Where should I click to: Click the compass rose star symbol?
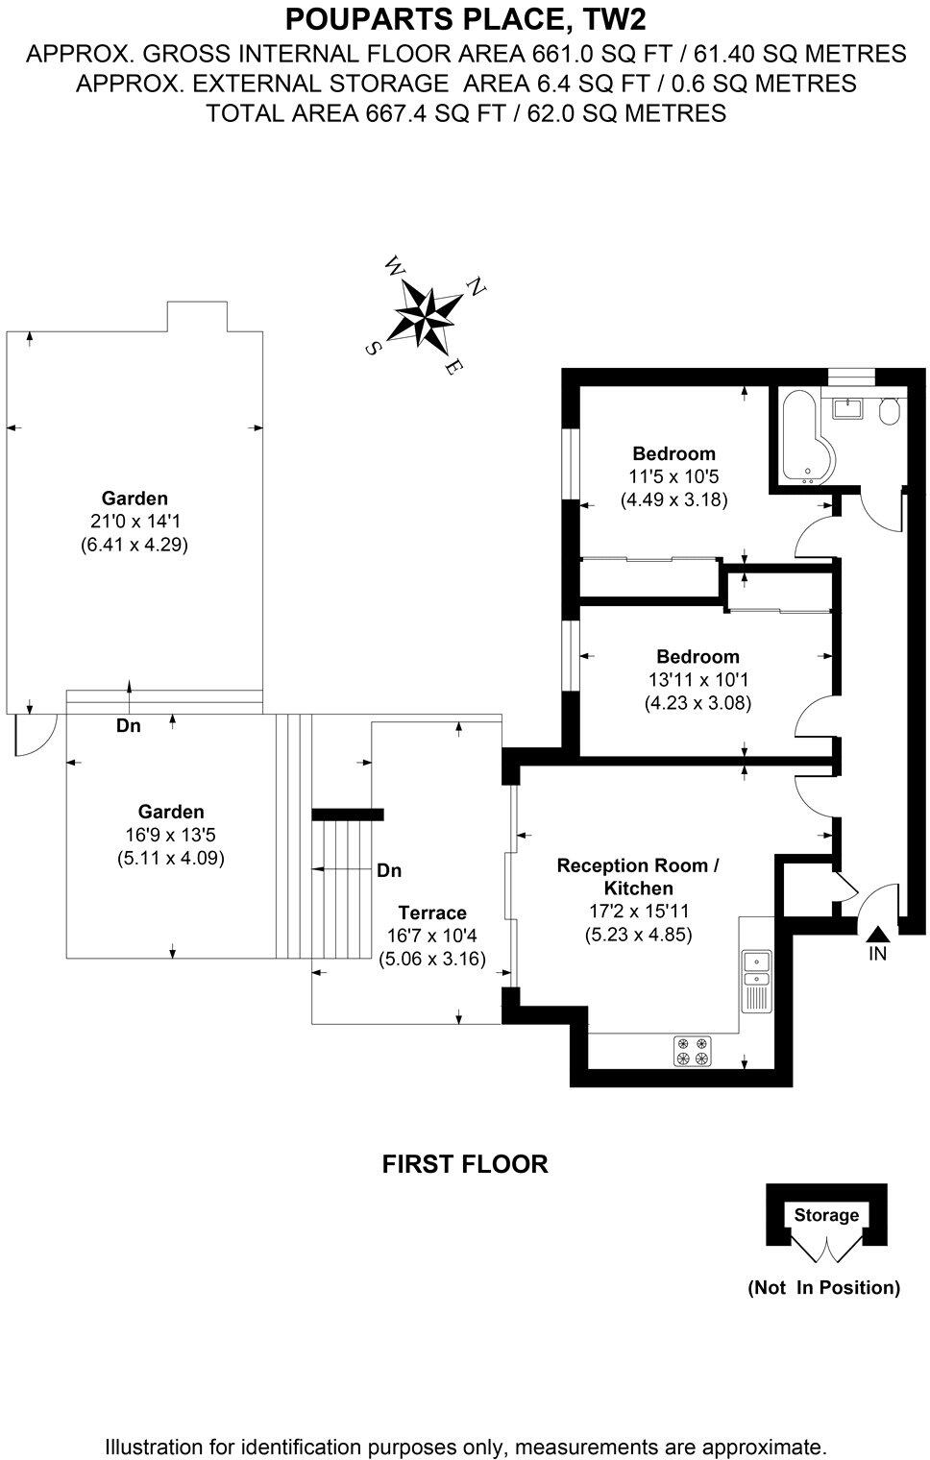tap(426, 315)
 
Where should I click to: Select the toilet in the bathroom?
tap(890, 412)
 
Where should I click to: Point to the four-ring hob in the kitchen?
tap(692, 1051)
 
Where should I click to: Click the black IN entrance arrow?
tap(877, 933)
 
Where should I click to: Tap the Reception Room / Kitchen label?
tap(638, 876)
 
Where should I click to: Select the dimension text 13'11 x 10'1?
tap(697, 680)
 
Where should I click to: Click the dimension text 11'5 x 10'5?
tap(673, 476)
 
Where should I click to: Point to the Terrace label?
tap(432, 912)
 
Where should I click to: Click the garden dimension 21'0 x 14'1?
tap(135, 522)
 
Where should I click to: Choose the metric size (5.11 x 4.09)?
tap(170, 858)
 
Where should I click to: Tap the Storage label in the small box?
tap(826, 1215)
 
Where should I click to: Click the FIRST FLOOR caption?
tap(465, 1164)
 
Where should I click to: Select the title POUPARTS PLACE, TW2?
tap(465, 18)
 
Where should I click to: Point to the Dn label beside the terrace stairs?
tap(389, 870)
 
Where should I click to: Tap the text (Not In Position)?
tap(823, 1287)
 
